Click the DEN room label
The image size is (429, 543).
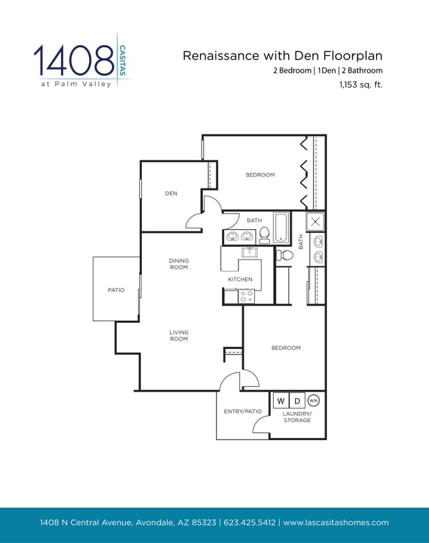coord(171,193)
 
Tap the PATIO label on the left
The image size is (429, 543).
coord(116,290)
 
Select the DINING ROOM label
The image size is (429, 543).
coord(179,264)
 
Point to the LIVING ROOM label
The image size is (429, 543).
coord(179,336)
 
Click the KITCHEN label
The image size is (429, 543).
coord(240,279)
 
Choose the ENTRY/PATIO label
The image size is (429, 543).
coord(243,411)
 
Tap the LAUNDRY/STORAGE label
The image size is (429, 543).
coord(297,417)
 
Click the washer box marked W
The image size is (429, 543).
coord(281,401)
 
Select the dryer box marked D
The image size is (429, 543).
coord(297,401)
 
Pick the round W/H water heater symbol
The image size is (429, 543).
coord(314,400)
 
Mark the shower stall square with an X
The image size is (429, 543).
coord(315,222)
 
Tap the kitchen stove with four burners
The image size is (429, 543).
coord(246,296)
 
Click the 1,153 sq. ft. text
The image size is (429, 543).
coord(361,84)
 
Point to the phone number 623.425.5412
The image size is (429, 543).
coord(250,522)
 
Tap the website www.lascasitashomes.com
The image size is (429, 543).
coord(336,522)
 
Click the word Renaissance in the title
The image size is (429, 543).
coord(216,55)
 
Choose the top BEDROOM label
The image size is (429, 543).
coord(260,174)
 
